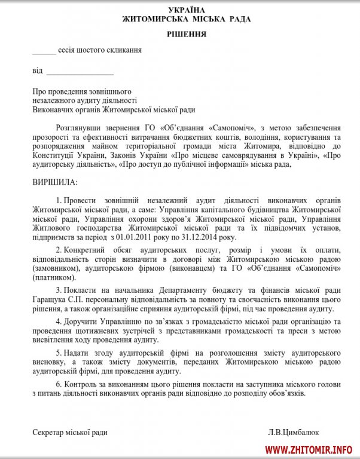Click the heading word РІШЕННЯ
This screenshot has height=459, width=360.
187,34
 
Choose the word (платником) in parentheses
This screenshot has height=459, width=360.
56,277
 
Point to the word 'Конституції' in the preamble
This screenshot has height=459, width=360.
53,155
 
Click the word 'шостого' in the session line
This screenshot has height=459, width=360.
87,51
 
